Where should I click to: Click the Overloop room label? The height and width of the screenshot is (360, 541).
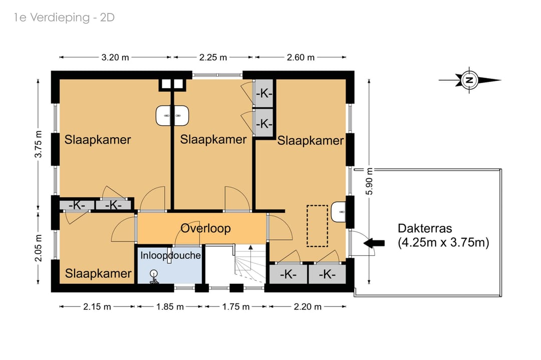coord(206,228)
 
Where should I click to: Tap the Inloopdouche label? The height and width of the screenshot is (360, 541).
coord(170,255)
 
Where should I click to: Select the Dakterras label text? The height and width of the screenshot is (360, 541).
coord(443,235)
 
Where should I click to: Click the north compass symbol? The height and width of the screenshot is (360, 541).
coord(469,80)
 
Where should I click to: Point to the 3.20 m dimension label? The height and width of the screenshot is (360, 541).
coord(115,57)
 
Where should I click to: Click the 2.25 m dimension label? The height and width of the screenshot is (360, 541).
coord(213,57)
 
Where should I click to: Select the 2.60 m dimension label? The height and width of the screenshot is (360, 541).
coord(301,57)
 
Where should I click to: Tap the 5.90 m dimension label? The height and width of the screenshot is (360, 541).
coord(369,181)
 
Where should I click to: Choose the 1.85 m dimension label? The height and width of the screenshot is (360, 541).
coord(170,306)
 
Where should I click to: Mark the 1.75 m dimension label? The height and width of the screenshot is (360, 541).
coord(235,306)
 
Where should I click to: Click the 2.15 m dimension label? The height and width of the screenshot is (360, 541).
coord(97,306)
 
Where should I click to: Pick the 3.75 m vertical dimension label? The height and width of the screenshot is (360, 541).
coord(38,144)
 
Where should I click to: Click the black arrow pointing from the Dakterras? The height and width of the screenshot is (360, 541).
coord(374,243)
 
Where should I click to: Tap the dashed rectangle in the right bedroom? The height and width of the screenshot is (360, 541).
coord(318,226)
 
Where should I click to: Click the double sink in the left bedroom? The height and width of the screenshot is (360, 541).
coord(172,116)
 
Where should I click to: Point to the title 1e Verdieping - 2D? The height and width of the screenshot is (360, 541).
coord(64,17)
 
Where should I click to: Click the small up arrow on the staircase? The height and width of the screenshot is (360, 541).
coord(250,247)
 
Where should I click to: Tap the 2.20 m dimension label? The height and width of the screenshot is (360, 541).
coord(308,306)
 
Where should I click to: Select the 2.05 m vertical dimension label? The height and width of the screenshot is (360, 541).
coord(38,248)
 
